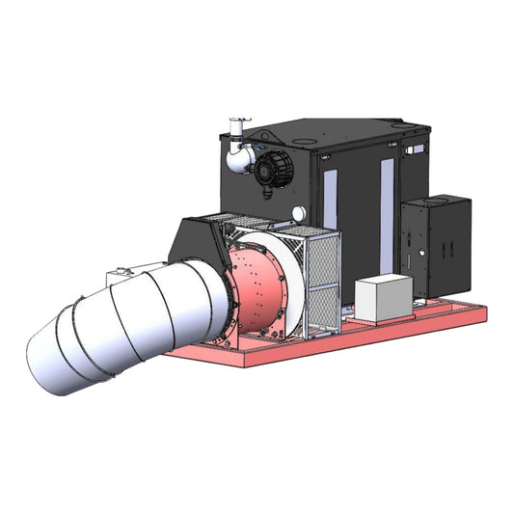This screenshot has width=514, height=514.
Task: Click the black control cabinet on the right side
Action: coord(436,246)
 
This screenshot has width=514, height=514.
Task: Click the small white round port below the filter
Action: coord(299,212)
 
